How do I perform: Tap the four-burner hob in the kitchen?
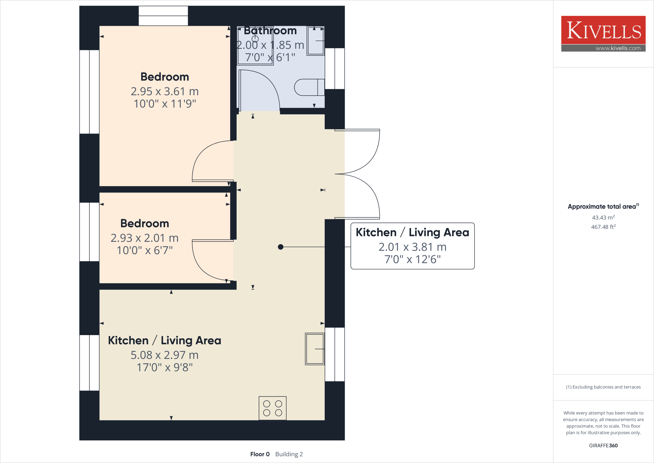coord(272,408)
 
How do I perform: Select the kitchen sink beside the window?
coord(315,349)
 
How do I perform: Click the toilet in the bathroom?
coord(308,87)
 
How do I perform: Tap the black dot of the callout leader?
coord(281,247)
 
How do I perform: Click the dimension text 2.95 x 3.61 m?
coord(165,91)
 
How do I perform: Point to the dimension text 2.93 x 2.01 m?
coord(144,238)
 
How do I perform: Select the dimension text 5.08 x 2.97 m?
coord(164,355)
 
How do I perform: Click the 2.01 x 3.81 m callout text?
coord(412,247)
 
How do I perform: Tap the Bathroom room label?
coord(270,31)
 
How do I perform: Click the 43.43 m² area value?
coord(603,217)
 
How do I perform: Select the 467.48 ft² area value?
coord(603,227)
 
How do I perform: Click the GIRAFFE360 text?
coord(603,445)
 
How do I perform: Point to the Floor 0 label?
coord(260,454)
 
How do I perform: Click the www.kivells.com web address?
coord(618,48)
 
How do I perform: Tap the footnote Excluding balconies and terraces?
coord(603,387)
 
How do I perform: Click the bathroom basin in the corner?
coord(316,41)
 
